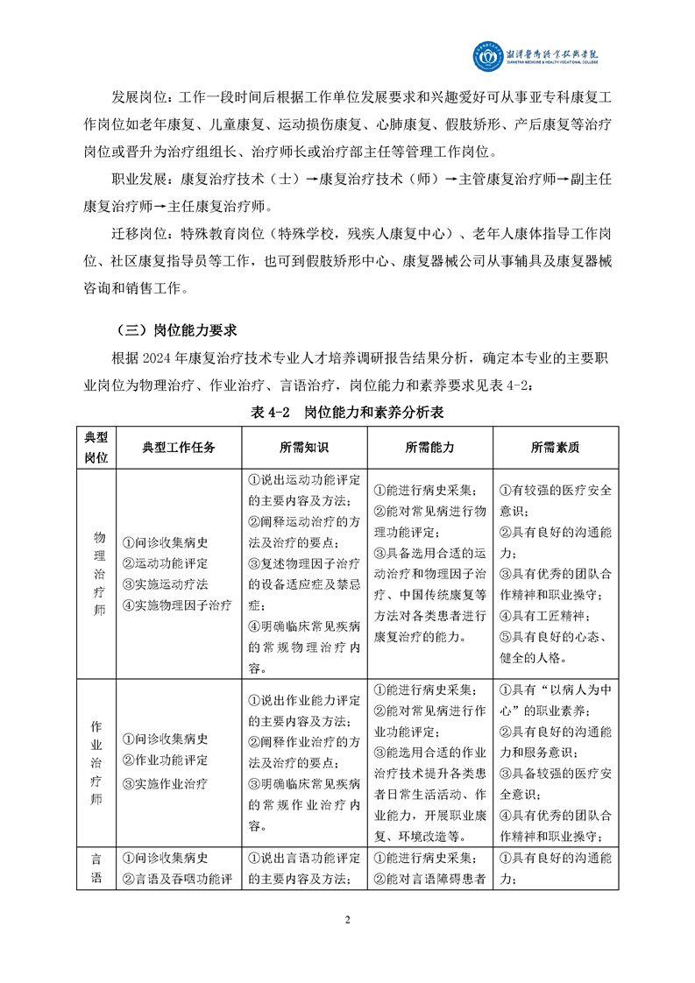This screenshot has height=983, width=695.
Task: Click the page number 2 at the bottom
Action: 348,919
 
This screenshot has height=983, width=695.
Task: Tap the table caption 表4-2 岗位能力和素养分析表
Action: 348,412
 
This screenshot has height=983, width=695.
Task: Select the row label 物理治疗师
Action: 96,574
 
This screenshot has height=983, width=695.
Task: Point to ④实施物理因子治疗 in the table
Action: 178,605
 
